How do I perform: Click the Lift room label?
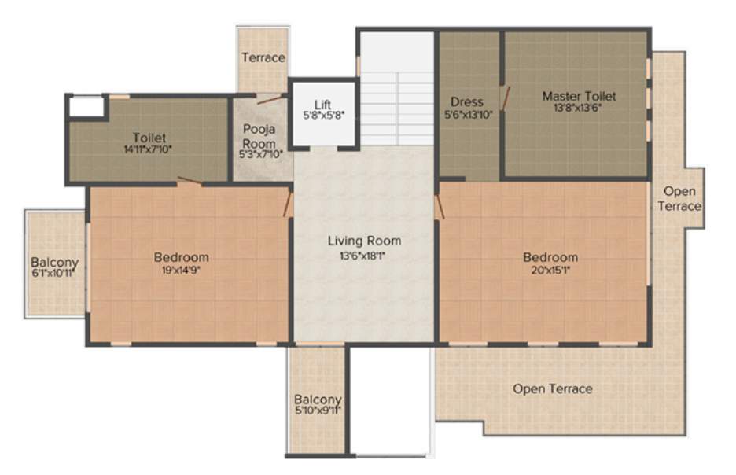(322, 105)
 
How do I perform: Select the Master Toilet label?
(579, 97)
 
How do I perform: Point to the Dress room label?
(466, 102)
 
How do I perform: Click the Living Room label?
(364, 241)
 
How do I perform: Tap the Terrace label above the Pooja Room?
(263, 57)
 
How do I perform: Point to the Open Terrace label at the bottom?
(553, 388)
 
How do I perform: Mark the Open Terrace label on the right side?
(681, 198)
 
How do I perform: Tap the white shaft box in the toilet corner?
(86, 106)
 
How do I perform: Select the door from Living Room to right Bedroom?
(439, 208)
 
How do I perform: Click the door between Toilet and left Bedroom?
(190, 182)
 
